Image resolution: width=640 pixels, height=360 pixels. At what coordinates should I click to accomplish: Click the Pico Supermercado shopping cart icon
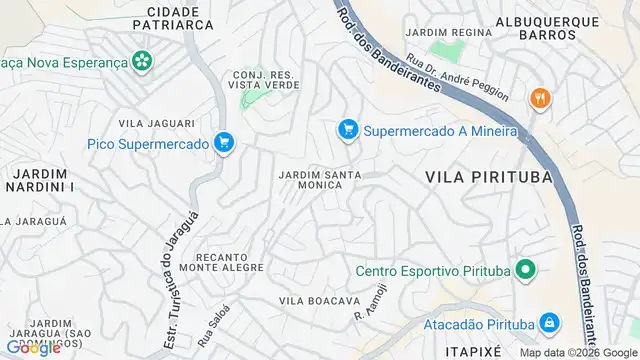point(224,143)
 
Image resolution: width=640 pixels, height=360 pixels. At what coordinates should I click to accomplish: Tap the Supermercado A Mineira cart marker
point(348,130)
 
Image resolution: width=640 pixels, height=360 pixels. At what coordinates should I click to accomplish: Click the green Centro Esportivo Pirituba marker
point(523,271)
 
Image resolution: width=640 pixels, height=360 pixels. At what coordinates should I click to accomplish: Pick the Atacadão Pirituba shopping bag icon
point(548,323)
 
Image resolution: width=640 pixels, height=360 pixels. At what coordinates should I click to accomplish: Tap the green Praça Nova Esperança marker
point(144,61)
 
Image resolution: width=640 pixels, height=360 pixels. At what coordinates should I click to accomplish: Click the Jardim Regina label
point(458,32)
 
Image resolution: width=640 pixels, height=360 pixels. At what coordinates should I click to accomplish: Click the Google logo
point(32,347)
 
